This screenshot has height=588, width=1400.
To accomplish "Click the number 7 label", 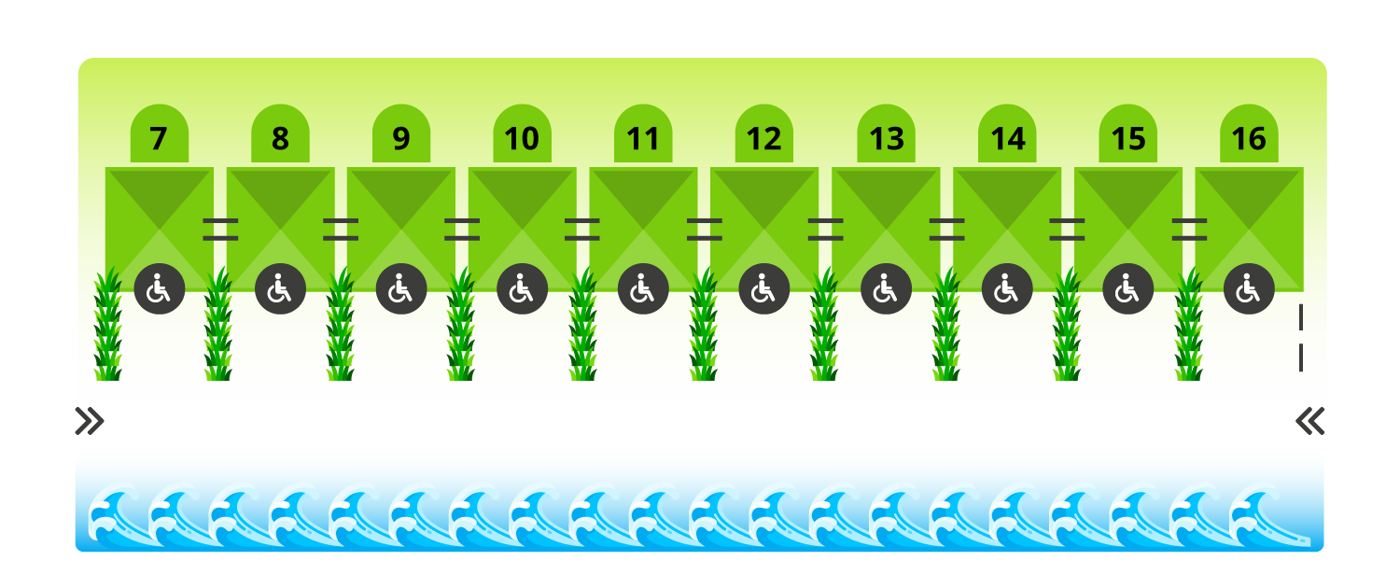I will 159,138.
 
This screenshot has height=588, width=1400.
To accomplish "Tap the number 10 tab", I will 522,138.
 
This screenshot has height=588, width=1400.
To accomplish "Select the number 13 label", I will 886,138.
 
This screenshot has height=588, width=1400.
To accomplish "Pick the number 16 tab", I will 1249,138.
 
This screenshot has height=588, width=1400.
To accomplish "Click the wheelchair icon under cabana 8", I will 280,289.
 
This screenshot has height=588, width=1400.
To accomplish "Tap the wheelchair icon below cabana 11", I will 643,289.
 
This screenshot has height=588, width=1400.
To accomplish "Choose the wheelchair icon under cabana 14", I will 1007,289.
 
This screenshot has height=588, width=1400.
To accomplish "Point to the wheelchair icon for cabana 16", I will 1249,289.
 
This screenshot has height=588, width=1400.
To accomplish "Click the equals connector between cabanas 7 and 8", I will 220,230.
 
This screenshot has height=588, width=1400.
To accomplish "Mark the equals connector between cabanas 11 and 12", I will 705,230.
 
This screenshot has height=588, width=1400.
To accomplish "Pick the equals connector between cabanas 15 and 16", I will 1189,230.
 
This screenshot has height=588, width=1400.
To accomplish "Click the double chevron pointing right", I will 90,422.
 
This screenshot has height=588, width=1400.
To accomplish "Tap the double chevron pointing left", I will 1310,422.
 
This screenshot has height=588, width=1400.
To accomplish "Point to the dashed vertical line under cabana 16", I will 1300,338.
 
